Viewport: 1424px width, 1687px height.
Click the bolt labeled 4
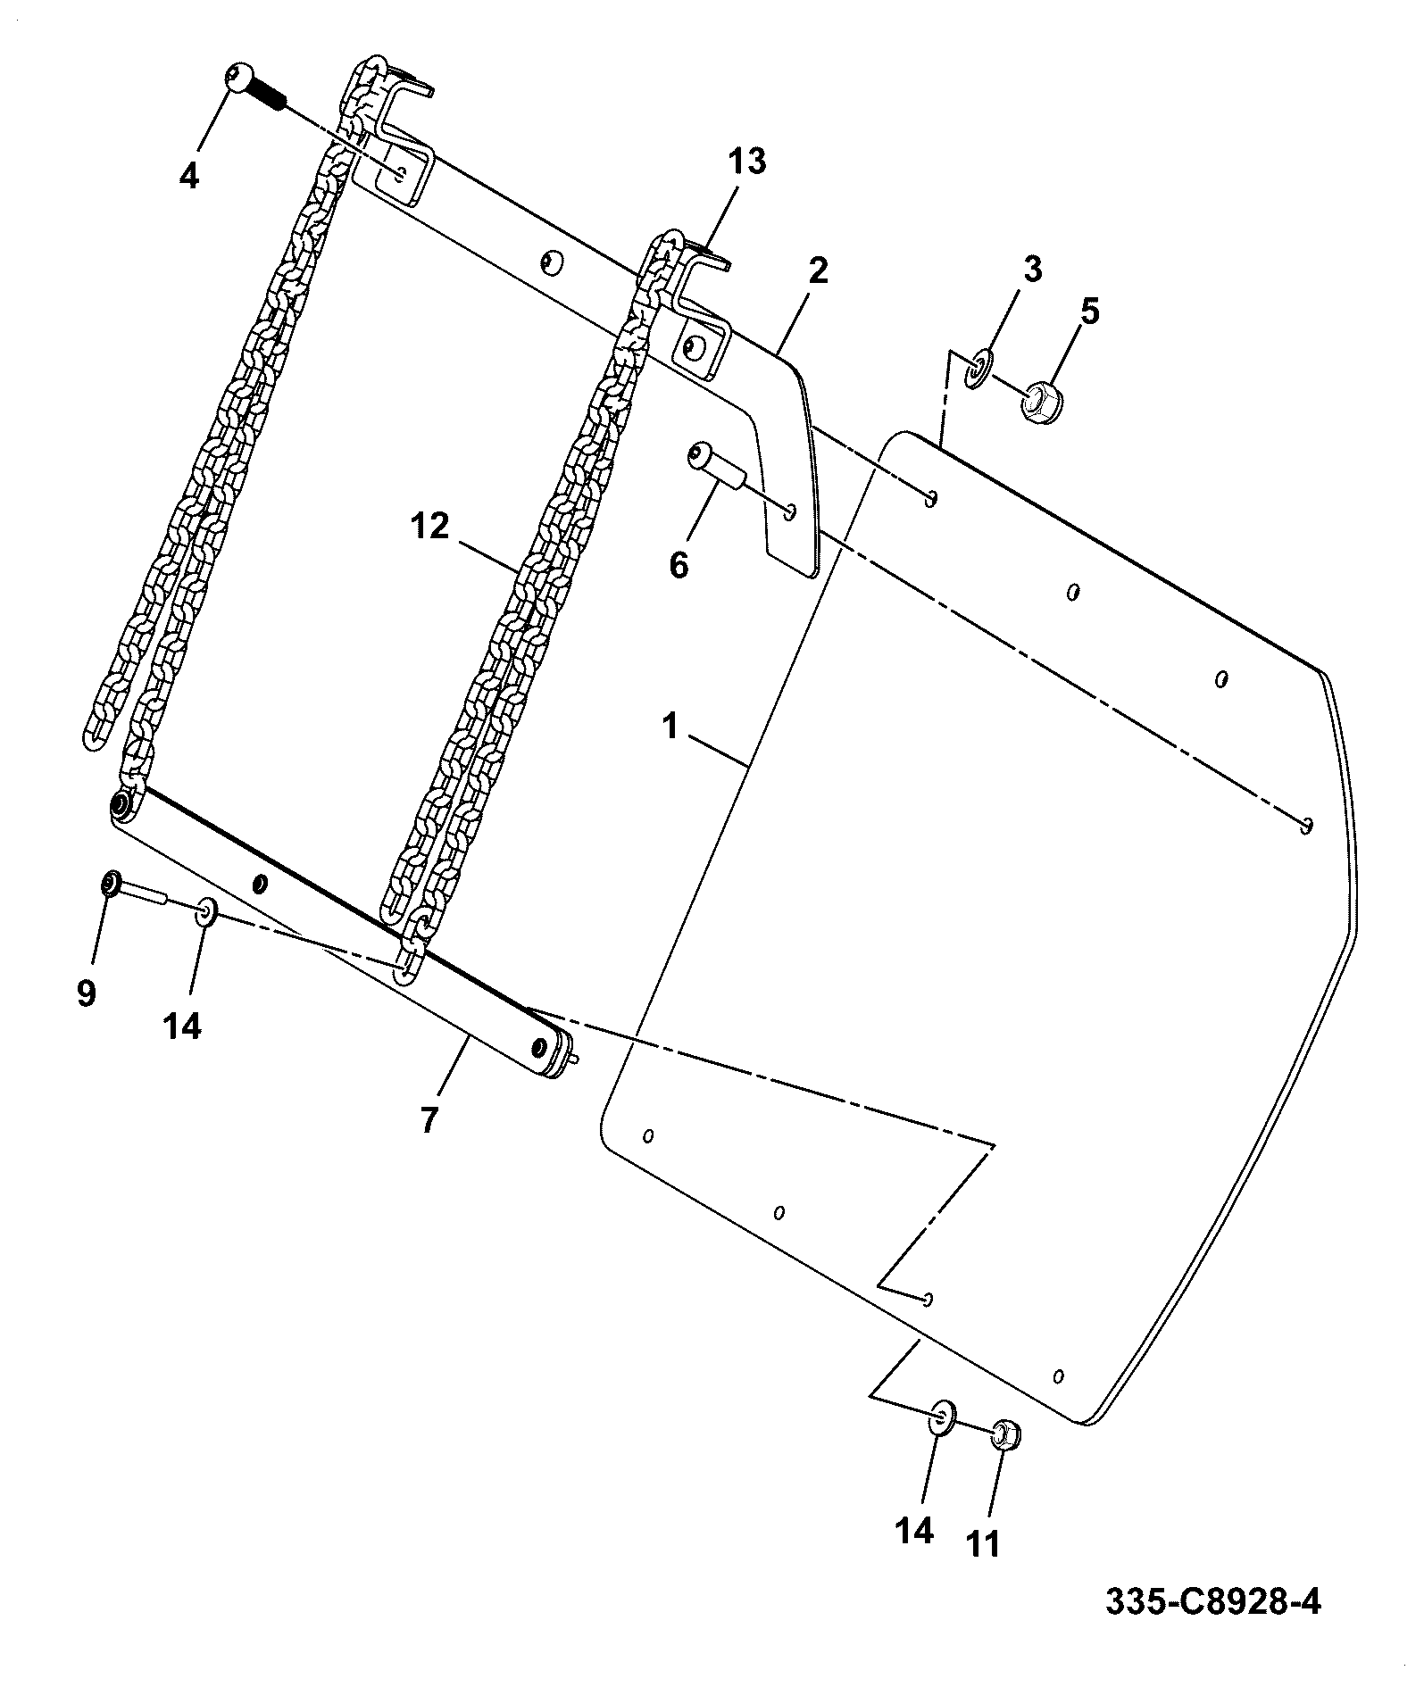click(254, 87)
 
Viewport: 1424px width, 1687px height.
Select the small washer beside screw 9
click(206, 912)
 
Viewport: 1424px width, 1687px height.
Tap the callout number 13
click(746, 162)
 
